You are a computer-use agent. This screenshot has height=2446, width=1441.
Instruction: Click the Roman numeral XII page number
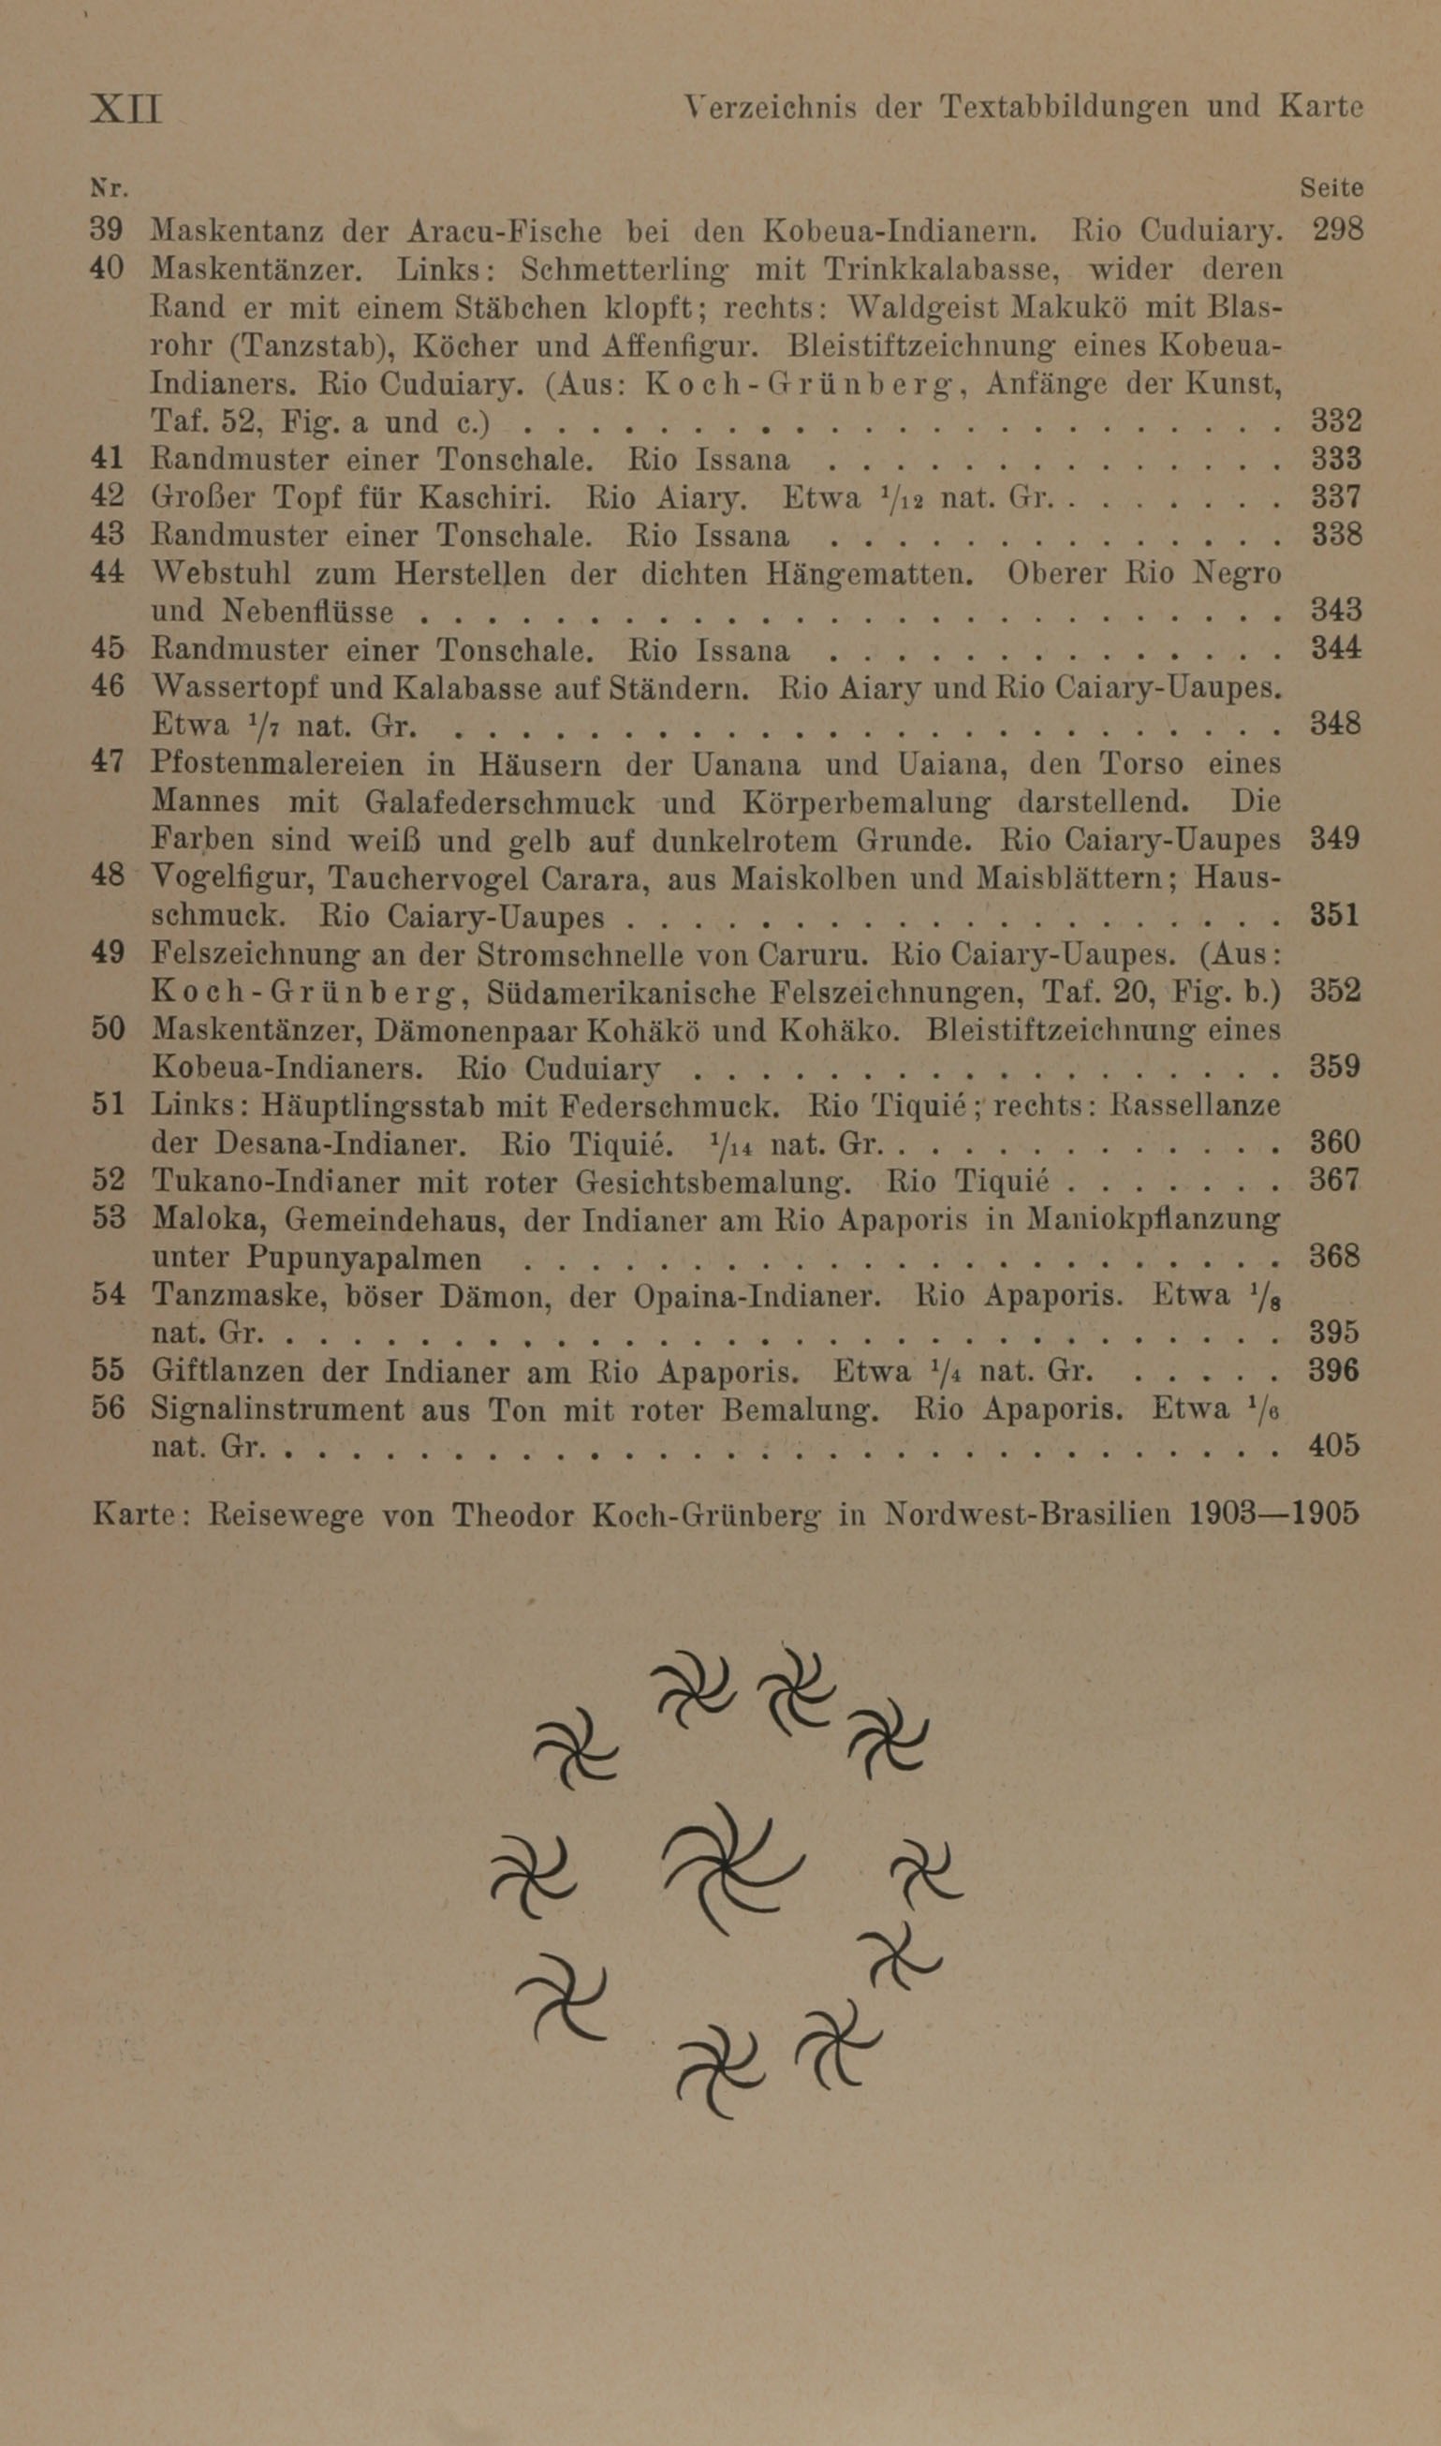tap(126, 108)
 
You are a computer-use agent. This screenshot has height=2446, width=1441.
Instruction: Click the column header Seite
tap(1331, 187)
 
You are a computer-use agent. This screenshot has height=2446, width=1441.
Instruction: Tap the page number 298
tap(1337, 230)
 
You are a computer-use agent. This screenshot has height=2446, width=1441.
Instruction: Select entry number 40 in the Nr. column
tap(107, 268)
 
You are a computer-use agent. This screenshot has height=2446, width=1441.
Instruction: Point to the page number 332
tap(1336, 420)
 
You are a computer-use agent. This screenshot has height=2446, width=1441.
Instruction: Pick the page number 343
tap(1336, 611)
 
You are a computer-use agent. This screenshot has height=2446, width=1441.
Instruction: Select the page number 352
tap(1335, 992)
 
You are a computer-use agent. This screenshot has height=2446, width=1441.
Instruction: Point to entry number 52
tap(108, 1181)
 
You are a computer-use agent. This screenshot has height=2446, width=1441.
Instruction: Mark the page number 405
tap(1333, 1447)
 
